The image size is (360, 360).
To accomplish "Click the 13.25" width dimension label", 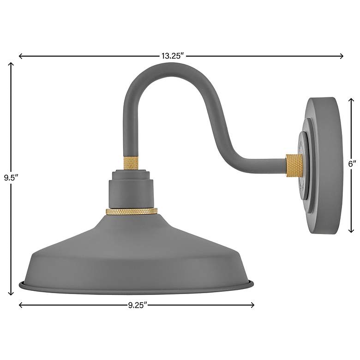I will [173, 56].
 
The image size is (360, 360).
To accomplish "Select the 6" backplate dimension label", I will [353, 163].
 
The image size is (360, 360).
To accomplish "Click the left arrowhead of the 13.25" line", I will [20, 56].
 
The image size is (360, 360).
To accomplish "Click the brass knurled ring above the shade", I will [132, 211].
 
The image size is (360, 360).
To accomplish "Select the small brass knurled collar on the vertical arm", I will [131, 162].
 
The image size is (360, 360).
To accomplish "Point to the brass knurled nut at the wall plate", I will [294, 166].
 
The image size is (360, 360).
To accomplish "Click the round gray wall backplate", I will [323, 166].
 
